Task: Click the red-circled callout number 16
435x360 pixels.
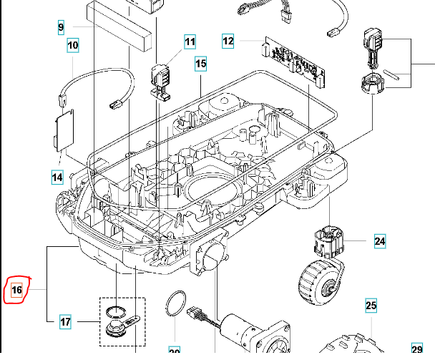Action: point(16,290)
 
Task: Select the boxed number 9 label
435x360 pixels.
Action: point(61,27)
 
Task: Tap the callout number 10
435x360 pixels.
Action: point(73,46)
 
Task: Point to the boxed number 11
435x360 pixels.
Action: point(190,42)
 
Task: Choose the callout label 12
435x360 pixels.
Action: point(228,42)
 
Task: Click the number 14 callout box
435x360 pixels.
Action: point(57,176)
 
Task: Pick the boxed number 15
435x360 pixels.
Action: point(200,64)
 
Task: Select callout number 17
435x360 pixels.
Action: point(65,322)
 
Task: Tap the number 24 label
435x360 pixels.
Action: point(380,241)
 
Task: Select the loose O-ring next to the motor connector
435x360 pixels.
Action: point(174,303)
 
